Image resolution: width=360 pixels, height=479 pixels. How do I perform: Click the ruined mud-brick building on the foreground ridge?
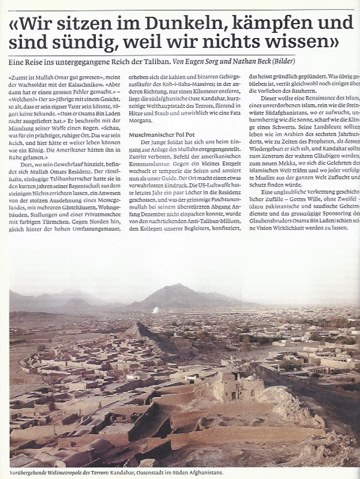228,384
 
